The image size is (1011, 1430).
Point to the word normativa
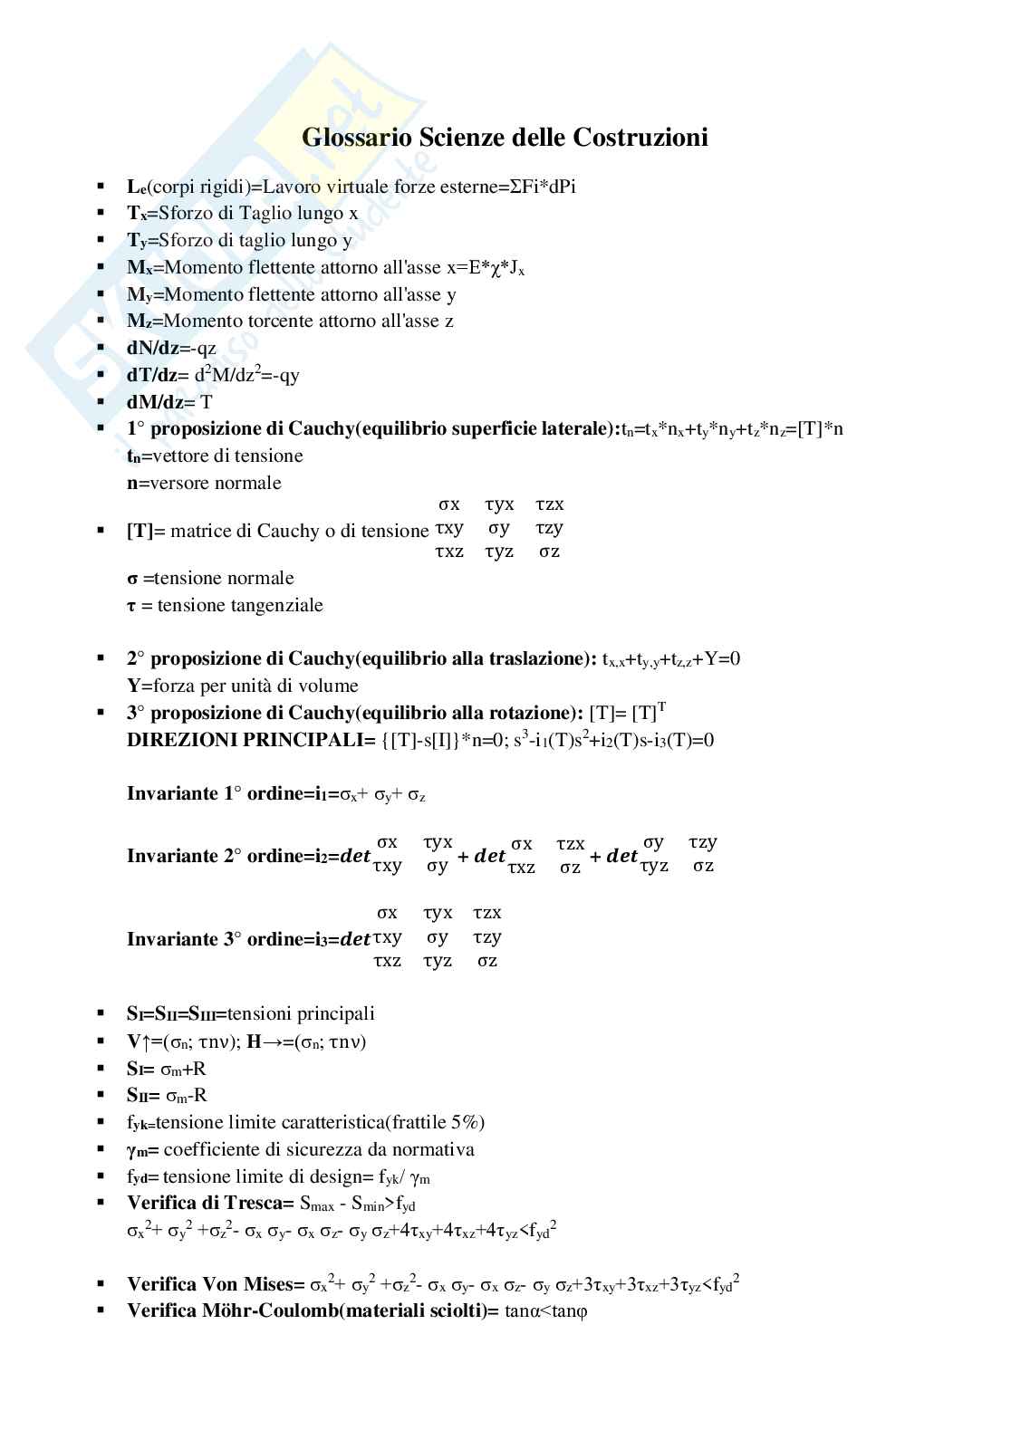(432, 1149)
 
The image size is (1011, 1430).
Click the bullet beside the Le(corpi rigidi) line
(101, 187)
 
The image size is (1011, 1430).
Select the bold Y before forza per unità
(133, 686)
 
